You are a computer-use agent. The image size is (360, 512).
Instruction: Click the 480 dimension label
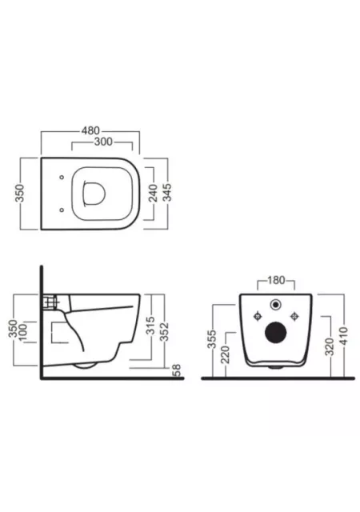pos(90,130)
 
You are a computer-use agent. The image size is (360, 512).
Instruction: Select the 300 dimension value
pos(103,142)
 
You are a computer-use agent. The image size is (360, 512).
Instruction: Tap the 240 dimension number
pos(153,193)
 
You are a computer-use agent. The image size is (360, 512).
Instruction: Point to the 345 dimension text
pos(166,193)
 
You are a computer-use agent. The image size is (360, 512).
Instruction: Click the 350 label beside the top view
pos(20,194)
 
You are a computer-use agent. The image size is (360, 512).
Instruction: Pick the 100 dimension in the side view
pos(22,332)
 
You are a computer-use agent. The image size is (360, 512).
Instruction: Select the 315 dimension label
pos(150,326)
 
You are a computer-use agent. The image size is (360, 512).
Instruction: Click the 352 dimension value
pos(164,332)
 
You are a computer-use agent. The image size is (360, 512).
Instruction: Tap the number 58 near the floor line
pos(177,370)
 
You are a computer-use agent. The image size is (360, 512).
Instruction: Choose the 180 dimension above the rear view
pos(276,280)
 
